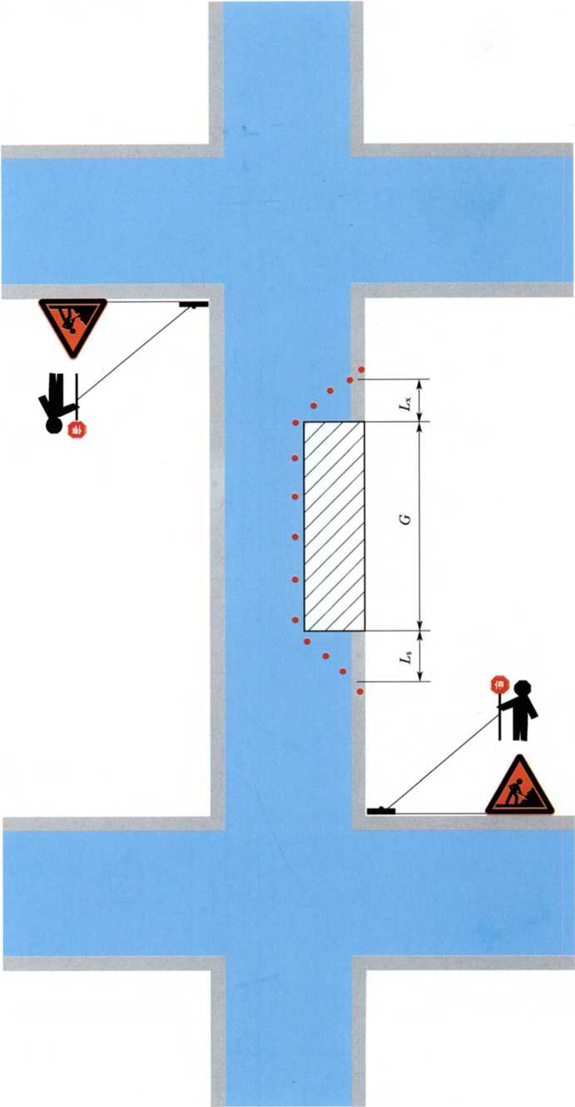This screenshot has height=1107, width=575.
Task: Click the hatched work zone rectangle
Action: (x=335, y=526)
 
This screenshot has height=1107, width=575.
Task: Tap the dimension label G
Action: (x=405, y=519)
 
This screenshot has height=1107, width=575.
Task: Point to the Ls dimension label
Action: (x=406, y=658)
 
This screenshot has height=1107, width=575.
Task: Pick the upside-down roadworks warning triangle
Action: (x=73, y=325)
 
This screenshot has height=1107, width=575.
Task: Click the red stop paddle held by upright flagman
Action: (x=499, y=684)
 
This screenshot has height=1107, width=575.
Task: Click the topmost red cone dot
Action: (x=361, y=370)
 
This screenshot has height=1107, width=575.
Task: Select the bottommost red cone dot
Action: (x=360, y=692)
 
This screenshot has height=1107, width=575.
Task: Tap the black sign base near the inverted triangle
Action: (x=192, y=305)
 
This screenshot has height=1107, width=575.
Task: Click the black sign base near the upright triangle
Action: (x=381, y=810)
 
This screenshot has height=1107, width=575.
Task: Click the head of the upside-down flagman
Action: (x=52, y=426)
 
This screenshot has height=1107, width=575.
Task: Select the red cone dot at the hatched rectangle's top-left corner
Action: (x=296, y=423)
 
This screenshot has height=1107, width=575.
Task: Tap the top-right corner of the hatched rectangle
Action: (x=365, y=421)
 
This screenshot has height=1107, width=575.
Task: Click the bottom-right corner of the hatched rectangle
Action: (x=365, y=631)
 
